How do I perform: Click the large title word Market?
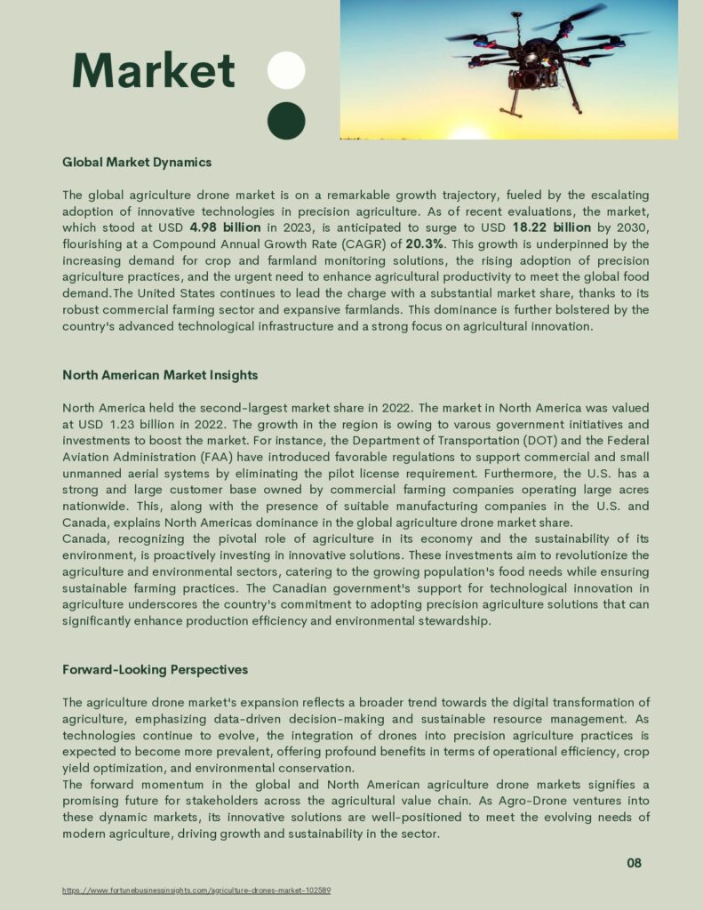[x=153, y=70]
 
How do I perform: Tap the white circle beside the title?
[x=286, y=70]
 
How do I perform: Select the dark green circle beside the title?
[x=286, y=121]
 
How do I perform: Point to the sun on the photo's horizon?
[x=469, y=134]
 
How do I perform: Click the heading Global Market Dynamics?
[x=137, y=163]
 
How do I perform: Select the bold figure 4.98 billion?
[x=225, y=227]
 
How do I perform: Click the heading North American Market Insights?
[x=160, y=375]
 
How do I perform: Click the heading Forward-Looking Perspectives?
[x=155, y=669]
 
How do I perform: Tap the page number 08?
[x=634, y=863]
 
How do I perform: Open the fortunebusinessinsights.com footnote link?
[x=196, y=890]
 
